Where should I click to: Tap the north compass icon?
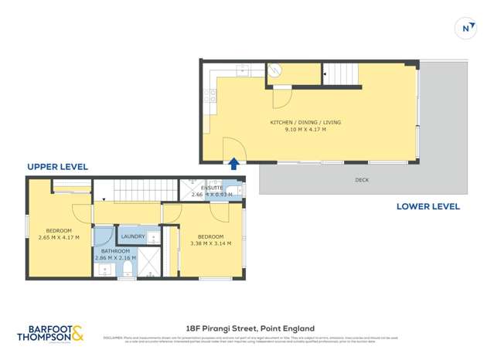point(466,29)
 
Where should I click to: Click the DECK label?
point(362,179)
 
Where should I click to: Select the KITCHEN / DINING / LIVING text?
point(305,123)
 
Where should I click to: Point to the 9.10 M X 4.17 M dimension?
point(305,131)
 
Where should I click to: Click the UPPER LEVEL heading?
point(57,167)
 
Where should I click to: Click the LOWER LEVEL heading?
point(428,206)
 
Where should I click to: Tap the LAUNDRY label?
point(133,236)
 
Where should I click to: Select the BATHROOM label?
point(114,250)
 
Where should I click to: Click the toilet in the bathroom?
point(125,269)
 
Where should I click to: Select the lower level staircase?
point(341,74)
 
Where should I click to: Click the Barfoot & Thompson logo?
point(51,333)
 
